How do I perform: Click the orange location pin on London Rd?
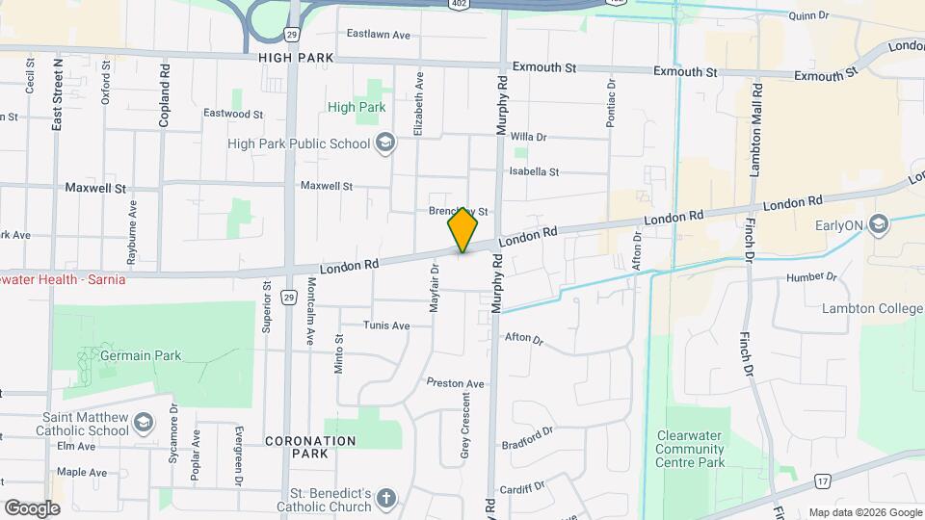point(463,229)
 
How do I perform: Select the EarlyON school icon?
point(877,225)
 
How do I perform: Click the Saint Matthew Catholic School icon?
point(143,423)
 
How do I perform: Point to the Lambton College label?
point(872,308)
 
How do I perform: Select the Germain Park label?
point(142,355)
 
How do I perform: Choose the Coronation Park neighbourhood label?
point(310,447)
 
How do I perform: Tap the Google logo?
point(32,507)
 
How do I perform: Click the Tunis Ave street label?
point(386,325)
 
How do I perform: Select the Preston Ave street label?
point(456,383)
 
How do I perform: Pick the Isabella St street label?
point(534,171)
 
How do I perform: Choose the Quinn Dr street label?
point(808,16)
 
